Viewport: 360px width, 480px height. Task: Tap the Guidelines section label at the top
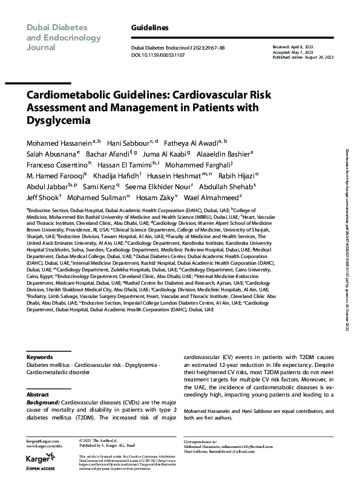149,28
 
